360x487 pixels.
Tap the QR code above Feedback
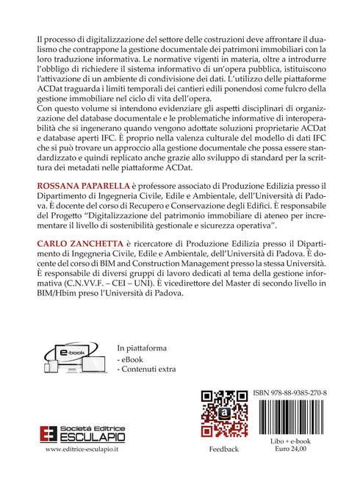point(223,416)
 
